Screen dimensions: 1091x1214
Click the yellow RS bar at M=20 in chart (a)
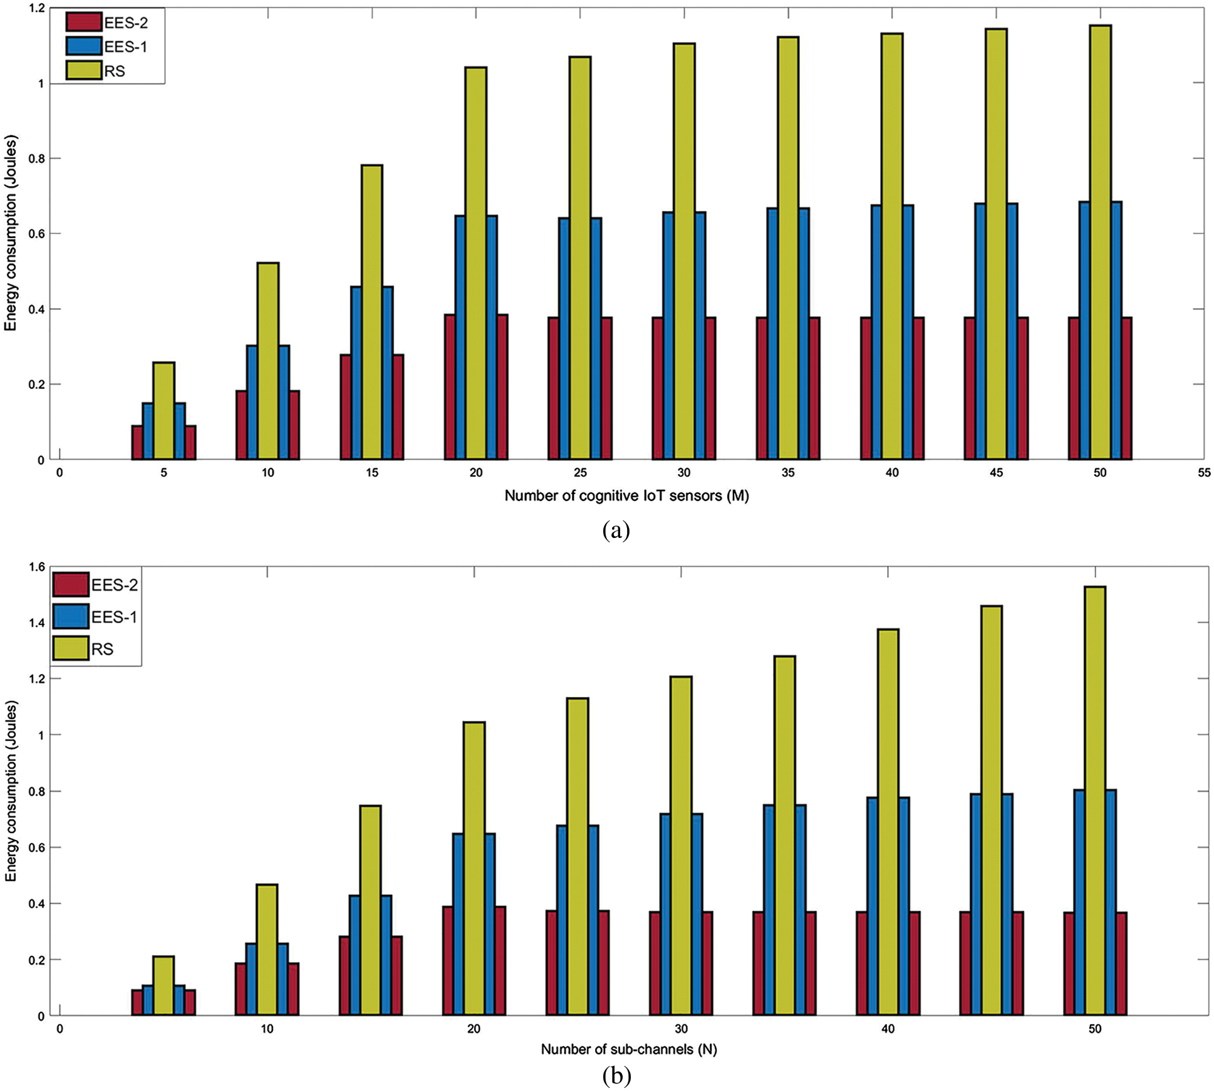point(476,263)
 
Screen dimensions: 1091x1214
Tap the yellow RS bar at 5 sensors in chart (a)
point(164,410)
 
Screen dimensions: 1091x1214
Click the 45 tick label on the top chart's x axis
point(996,473)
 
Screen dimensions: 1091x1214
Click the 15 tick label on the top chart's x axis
point(372,473)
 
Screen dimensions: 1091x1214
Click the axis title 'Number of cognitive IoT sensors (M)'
point(626,496)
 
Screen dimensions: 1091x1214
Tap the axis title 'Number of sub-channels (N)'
point(629,1049)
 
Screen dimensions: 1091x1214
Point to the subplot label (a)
point(616,531)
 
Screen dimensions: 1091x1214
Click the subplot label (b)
point(616,1076)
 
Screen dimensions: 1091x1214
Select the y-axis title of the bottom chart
point(11,790)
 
